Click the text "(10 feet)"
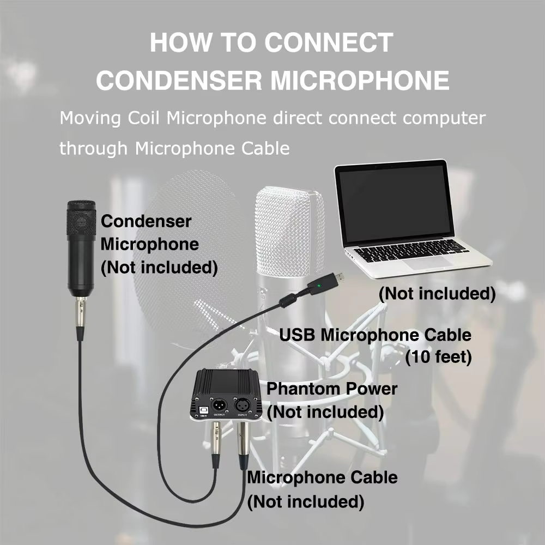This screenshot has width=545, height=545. (x=438, y=358)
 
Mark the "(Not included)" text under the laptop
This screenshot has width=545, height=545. (x=438, y=294)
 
